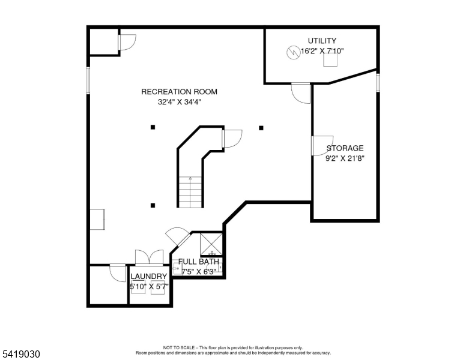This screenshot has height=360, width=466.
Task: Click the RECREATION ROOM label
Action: pyautogui.click(x=179, y=92)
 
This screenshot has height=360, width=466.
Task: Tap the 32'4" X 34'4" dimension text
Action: pyautogui.click(x=180, y=102)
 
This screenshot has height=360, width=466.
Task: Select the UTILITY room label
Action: pyautogui.click(x=322, y=41)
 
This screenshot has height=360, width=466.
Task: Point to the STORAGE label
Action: pyautogui.click(x=345, y=148)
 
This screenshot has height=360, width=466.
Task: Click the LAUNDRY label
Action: pyautogui.click(x=149, y=276)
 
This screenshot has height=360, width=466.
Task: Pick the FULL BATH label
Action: pyautogui.click(x=199, y=262)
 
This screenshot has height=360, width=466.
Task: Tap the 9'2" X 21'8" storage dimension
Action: pyautogui.click(x=345, y=158)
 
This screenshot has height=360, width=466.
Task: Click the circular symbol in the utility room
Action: pyautogui.click(x=292, y=53)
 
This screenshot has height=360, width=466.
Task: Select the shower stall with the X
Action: pyautogui.click(x=211, y=244)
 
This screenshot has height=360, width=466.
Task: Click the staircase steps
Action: pyautogui.click(x=190, y=192)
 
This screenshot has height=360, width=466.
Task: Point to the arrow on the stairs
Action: pyautogui.click(x=190, y=179)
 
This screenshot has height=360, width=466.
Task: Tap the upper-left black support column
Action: pyautogui.click(x=153, y=127)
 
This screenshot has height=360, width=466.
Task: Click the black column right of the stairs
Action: pyautogui.click(x=261, y=128)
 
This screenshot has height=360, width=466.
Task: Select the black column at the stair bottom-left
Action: pyautogui.click(x=153, y=205)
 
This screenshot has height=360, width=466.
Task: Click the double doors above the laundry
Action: pyautogui.click(x=149, y=257)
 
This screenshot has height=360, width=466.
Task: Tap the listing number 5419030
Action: pyautogui.click(x=21, y=354)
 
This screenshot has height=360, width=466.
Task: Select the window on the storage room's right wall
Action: pyautogui.click(x=378, y=83)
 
